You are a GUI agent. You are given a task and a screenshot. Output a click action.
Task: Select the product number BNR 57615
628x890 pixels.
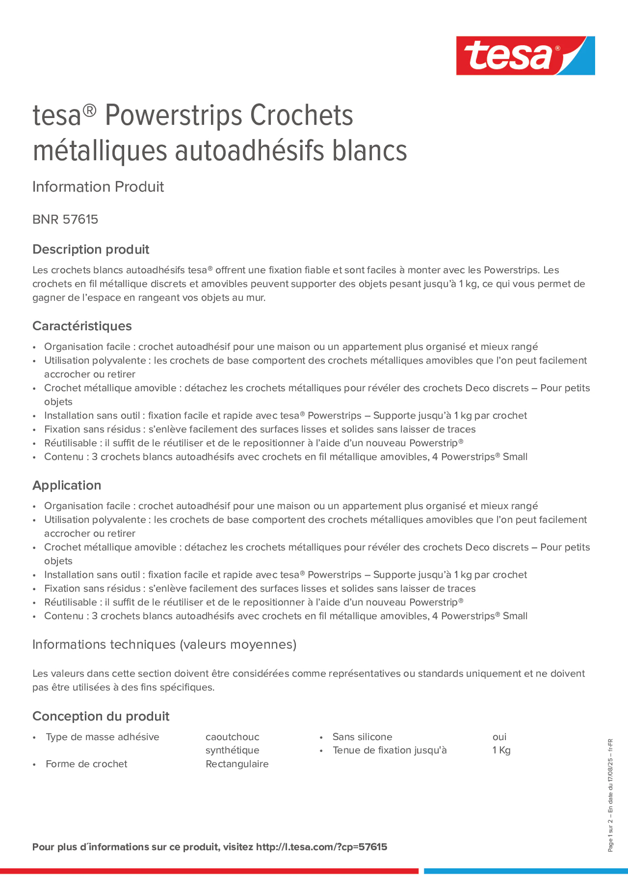point(65,219)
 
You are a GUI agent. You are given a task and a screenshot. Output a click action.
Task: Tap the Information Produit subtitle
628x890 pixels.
point(98,187)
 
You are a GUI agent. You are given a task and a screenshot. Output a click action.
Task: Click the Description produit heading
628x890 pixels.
point(91,249)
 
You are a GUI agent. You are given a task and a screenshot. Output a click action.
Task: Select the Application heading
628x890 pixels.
point(67,485)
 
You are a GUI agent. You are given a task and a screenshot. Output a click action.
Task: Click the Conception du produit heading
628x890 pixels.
point(101,716)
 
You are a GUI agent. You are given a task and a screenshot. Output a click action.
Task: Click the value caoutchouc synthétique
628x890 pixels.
point(232,743)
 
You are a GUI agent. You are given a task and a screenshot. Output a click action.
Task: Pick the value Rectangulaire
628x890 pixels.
point(237,764)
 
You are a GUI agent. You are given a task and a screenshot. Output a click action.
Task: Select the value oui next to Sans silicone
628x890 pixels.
point(499,736)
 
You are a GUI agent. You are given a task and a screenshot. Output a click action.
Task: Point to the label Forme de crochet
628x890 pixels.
point(86,764)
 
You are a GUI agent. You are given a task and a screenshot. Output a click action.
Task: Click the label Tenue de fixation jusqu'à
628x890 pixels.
point(389,750)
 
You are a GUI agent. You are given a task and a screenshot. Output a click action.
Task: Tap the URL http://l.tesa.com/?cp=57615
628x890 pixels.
point(321,847)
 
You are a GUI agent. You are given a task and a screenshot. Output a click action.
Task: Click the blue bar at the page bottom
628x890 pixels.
point(525,871)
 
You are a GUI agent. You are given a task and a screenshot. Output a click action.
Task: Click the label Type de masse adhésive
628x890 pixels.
point(102,736)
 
